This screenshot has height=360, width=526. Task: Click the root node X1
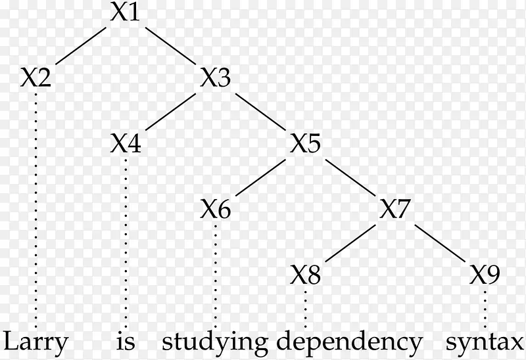coord(125,13)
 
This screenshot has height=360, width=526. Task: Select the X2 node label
coord(36,79)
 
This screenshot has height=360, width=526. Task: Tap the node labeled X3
coord(216,79)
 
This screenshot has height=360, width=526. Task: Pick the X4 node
coord(125,144)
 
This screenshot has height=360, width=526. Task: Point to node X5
coord(306,144)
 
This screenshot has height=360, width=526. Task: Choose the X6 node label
coord(216,210)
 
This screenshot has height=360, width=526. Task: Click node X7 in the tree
coord(396,210)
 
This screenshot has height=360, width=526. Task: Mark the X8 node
coord(306,275)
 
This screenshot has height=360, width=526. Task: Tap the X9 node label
coord(486,275)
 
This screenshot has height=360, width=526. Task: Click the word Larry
coord(36,342)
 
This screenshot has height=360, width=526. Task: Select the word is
coord(125,342)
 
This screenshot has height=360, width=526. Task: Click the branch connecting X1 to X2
coord(80,46)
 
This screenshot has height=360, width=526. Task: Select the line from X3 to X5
coord(261,112)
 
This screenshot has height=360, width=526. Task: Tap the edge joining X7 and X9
coord(441,242)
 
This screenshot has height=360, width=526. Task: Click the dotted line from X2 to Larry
coord(36,210)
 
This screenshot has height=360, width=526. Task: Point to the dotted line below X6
coord(216,276)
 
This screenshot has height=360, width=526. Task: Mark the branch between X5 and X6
coord(261,177)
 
